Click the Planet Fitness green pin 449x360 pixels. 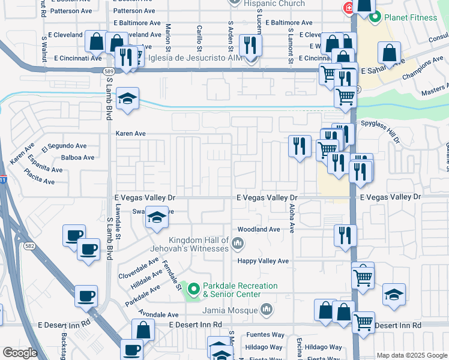point(375,17)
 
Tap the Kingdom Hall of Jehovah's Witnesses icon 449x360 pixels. point(238,243)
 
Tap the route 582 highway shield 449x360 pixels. point(29,246)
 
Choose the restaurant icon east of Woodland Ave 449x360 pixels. point(345,235)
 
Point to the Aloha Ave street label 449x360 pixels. point(292,218)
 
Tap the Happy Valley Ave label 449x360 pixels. point(263,261)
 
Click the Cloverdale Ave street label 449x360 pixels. point(139,268)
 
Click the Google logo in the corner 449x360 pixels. point(20,353)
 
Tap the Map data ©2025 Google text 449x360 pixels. point(411,355)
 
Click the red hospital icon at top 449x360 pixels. point(348,8)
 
